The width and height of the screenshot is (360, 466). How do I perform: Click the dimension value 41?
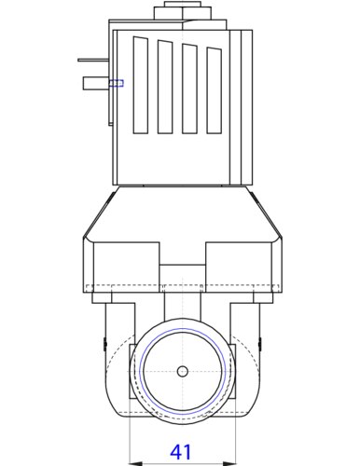tap(181, 452)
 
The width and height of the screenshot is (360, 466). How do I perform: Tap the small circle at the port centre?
tap(183, 371)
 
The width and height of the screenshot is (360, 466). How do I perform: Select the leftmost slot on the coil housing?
tap(141, 85)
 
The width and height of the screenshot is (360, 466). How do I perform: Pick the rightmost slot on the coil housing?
tap(214, 90)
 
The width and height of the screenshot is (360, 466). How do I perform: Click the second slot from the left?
tap(165, 87)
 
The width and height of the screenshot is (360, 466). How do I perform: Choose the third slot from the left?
tap(189, 89)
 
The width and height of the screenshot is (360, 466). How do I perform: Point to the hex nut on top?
tap(183, 11)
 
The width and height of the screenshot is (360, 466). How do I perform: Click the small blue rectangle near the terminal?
tap(116, 83)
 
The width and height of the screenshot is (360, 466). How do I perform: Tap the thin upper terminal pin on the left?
tap(93, 60)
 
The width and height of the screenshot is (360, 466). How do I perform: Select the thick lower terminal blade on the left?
tap(96, 83)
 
